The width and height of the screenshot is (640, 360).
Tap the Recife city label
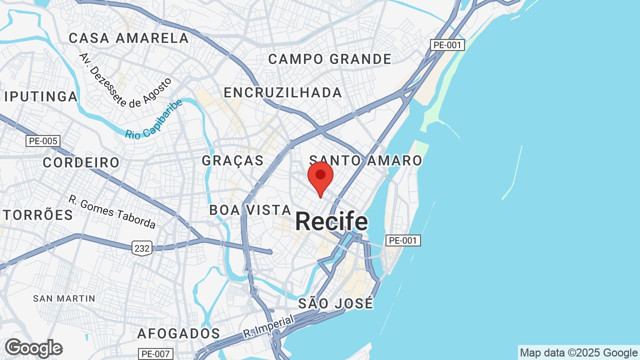tap(331, 221)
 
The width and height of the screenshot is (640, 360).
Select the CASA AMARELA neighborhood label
tap(129, 38)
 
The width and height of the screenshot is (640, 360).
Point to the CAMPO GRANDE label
tap(330, 59)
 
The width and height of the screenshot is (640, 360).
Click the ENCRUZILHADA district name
tap(283, 92)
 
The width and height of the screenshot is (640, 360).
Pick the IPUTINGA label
tap(41, 96)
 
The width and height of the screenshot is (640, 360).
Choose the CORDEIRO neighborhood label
tap(81, 162)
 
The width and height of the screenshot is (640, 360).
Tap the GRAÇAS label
tap(232, 160)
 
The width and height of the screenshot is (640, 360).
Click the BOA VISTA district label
tap(250, 210)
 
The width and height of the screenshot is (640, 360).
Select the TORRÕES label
tap(38, 215)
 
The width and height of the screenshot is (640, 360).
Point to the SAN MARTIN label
tap(64, 298)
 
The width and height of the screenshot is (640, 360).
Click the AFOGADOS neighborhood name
tap(178, 333)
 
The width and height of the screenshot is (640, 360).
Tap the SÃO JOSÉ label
tap(335, 303)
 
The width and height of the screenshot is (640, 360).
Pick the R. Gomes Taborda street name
tap(112, 211)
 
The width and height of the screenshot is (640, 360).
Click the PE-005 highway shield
tap(43, 141)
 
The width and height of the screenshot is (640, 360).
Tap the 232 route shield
tap(142, 248)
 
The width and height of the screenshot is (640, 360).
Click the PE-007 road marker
tap(156, 354)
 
